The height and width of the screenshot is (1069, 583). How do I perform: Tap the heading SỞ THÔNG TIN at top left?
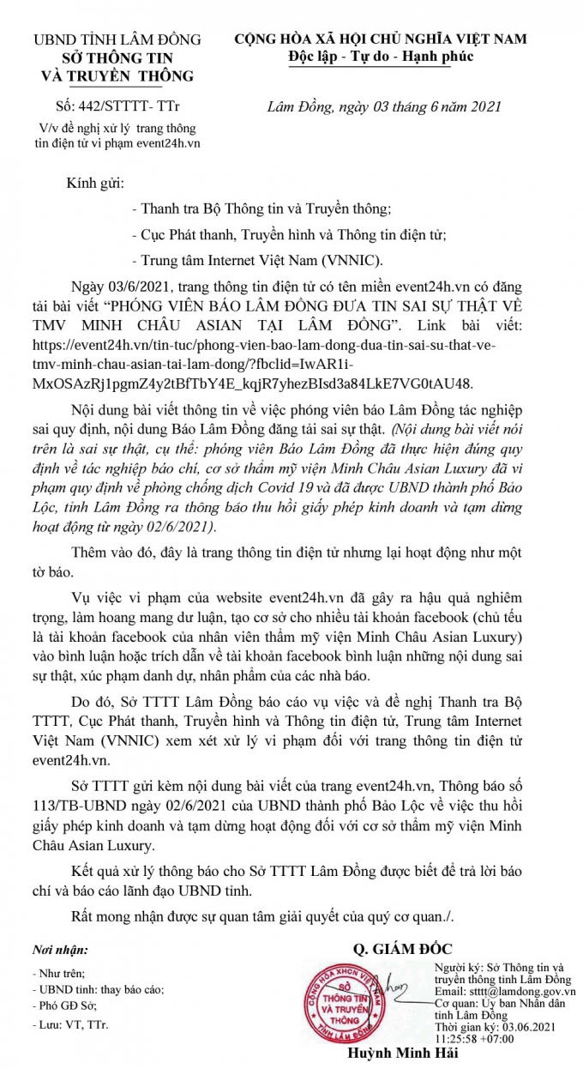pyautogui.click(x=117, y=57)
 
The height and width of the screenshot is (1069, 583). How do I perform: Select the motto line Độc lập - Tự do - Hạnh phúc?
pyautogui.click(x=381, y=57)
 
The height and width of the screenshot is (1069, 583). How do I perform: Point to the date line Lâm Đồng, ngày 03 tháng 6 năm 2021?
pyautogui.click(x=383, y=107)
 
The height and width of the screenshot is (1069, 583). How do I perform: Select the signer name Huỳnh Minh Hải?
pyautogui.click(x=396, y=1054)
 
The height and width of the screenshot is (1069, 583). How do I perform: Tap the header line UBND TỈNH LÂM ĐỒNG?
pyautogui.click(x=117, y=39)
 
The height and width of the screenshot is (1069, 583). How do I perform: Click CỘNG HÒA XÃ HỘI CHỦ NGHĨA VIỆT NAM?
pyautogui.click(x=381, y=39)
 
